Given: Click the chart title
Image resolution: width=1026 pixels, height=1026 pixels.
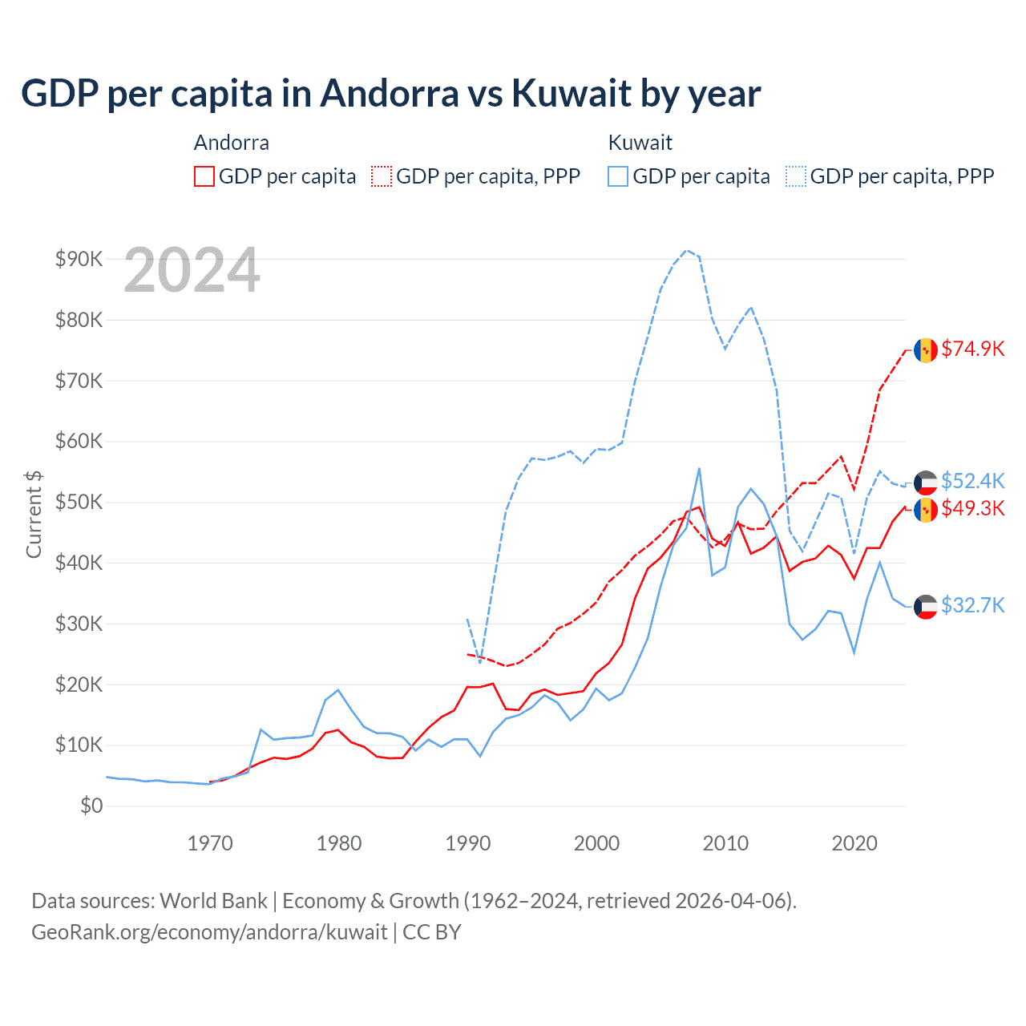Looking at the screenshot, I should pyautogui.click(x=390, y=94).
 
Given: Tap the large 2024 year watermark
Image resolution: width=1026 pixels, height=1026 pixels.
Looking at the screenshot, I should pyautogui.click(x=192, y=270).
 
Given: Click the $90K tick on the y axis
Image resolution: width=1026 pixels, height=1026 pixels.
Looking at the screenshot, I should pyautogui.click(x=79, y=259).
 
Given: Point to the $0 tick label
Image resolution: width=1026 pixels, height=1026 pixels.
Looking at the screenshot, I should pyautogui.click(x=91, y=806).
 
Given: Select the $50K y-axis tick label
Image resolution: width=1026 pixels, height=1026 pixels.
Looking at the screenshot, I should pyautogui.click(x=79, y=502).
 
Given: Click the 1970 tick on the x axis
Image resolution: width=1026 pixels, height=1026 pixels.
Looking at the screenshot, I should pyautogui.click(x=210, y=843).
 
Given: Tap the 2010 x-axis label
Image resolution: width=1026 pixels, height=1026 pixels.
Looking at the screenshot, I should pyautogui.click(x=725, y=843).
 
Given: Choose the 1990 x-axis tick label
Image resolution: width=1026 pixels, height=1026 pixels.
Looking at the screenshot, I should pyautogui.click(x=468, y=843).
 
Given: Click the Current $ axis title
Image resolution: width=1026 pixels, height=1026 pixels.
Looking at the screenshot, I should pyautogui.click(x=34, y=514).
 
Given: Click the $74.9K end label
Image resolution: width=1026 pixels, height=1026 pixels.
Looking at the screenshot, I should pyautogui.click(x=972, y=349).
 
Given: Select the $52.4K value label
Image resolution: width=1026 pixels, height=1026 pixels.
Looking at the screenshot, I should pyautogui.click(x=972, y=481).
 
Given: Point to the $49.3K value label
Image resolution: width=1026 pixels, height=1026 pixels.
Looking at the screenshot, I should pyautogui.click(x=972, y=508).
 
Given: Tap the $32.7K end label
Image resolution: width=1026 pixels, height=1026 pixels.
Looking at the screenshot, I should pyautogui.click(x=972, y=605).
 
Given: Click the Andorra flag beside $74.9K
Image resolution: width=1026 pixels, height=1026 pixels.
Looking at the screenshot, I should pyautogui.click(x=926, y=350).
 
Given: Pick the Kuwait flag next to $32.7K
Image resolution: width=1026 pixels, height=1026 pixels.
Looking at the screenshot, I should pyautogui.click(x=926, y=607).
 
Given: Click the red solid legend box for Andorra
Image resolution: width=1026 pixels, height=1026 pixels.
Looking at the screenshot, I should pyautogui.click(x=204, y=176).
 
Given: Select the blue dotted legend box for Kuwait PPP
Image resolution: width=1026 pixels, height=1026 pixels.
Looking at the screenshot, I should pyautogui.click(x=796, y=176).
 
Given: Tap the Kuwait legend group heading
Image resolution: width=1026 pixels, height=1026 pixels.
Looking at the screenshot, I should pyautogui.click(x=640, y=143).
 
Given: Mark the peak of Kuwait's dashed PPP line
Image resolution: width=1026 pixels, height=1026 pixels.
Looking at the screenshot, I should pyautogui.click(x=686, y=250).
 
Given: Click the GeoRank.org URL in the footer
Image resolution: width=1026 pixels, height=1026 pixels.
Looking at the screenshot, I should pyautogui.click(x=209, y=932).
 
